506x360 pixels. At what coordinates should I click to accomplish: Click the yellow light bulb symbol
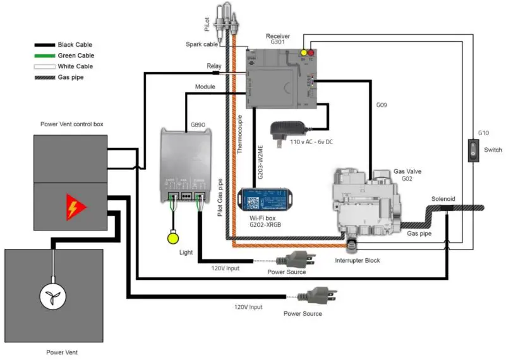point(171,238)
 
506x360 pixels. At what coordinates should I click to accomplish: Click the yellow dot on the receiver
point(303,52)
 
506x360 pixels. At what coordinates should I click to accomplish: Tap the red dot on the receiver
point(311,52)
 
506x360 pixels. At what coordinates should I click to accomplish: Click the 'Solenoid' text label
point(443,198)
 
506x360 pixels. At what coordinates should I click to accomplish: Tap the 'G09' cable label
point(382,105)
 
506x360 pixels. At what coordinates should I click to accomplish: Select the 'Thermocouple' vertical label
point(241,135)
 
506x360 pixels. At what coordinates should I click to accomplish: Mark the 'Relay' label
point(214,66)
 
